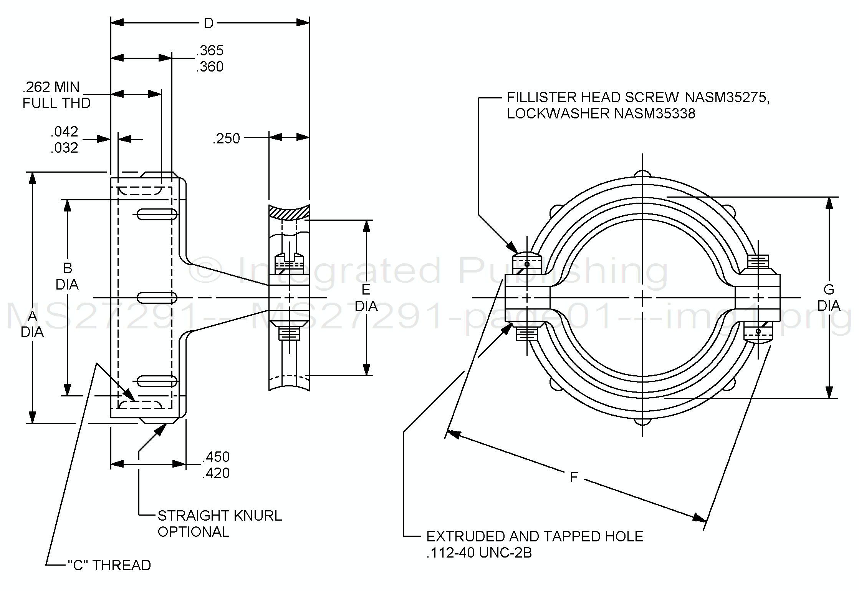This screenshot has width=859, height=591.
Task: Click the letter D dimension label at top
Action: [x=209, y=23]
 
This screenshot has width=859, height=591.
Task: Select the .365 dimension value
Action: [x=210, y=50]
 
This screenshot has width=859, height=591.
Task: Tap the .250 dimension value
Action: [x=227, y=138]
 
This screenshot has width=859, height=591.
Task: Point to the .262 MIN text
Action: [x=51, y=87]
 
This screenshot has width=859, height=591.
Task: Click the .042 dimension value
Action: [x=64, y=132]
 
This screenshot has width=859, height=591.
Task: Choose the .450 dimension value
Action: [x=216, y=457]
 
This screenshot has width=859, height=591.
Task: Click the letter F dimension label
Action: [x=574, y=477]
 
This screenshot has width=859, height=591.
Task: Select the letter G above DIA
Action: [x=829, y=290]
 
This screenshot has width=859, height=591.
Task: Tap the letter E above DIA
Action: [x=366, y=290]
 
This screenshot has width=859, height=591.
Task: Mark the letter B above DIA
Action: [x=67, y=268]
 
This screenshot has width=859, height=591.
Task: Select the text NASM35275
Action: [x=727, y=98]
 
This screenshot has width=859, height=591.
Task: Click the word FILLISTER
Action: [x=542, y=98]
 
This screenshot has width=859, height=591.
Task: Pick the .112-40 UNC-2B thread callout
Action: [x=479, y=553]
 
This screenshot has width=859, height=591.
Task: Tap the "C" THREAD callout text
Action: [x=109, y=565]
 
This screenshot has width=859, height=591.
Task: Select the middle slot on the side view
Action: [x=157, y=298]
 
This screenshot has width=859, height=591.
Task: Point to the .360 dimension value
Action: [x=210, y=67]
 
